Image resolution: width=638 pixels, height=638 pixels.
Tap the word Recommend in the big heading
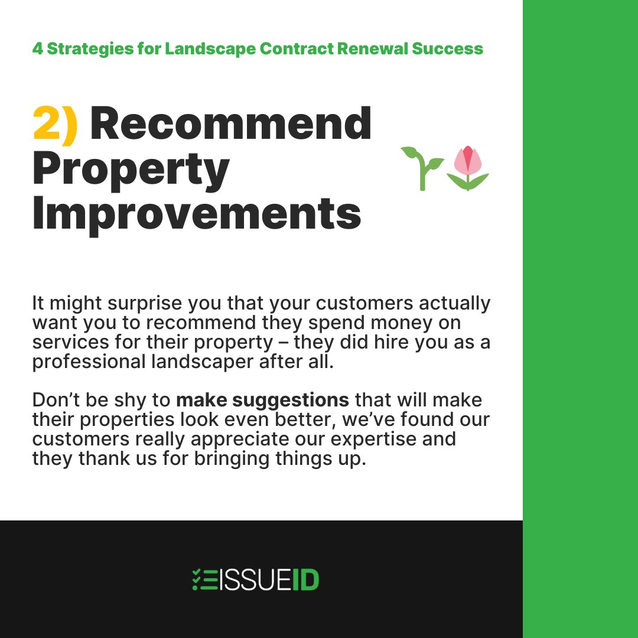point(230,124)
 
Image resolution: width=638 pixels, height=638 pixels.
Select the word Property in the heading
point(131,170)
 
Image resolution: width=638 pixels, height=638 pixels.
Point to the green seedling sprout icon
point(422,168)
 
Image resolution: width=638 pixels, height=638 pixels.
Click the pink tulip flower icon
point(468,168)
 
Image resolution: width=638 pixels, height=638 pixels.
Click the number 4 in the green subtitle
point(37,48)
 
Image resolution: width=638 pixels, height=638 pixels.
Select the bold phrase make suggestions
point(263,400)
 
